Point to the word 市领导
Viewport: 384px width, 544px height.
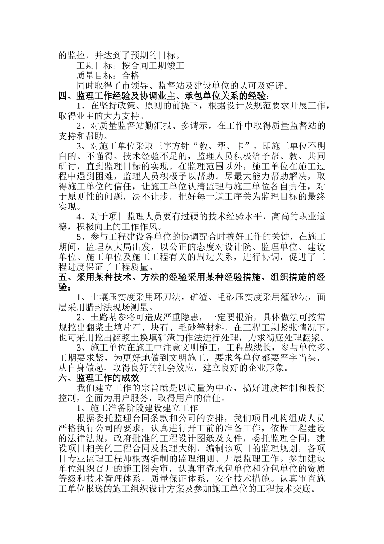(139, 85)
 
